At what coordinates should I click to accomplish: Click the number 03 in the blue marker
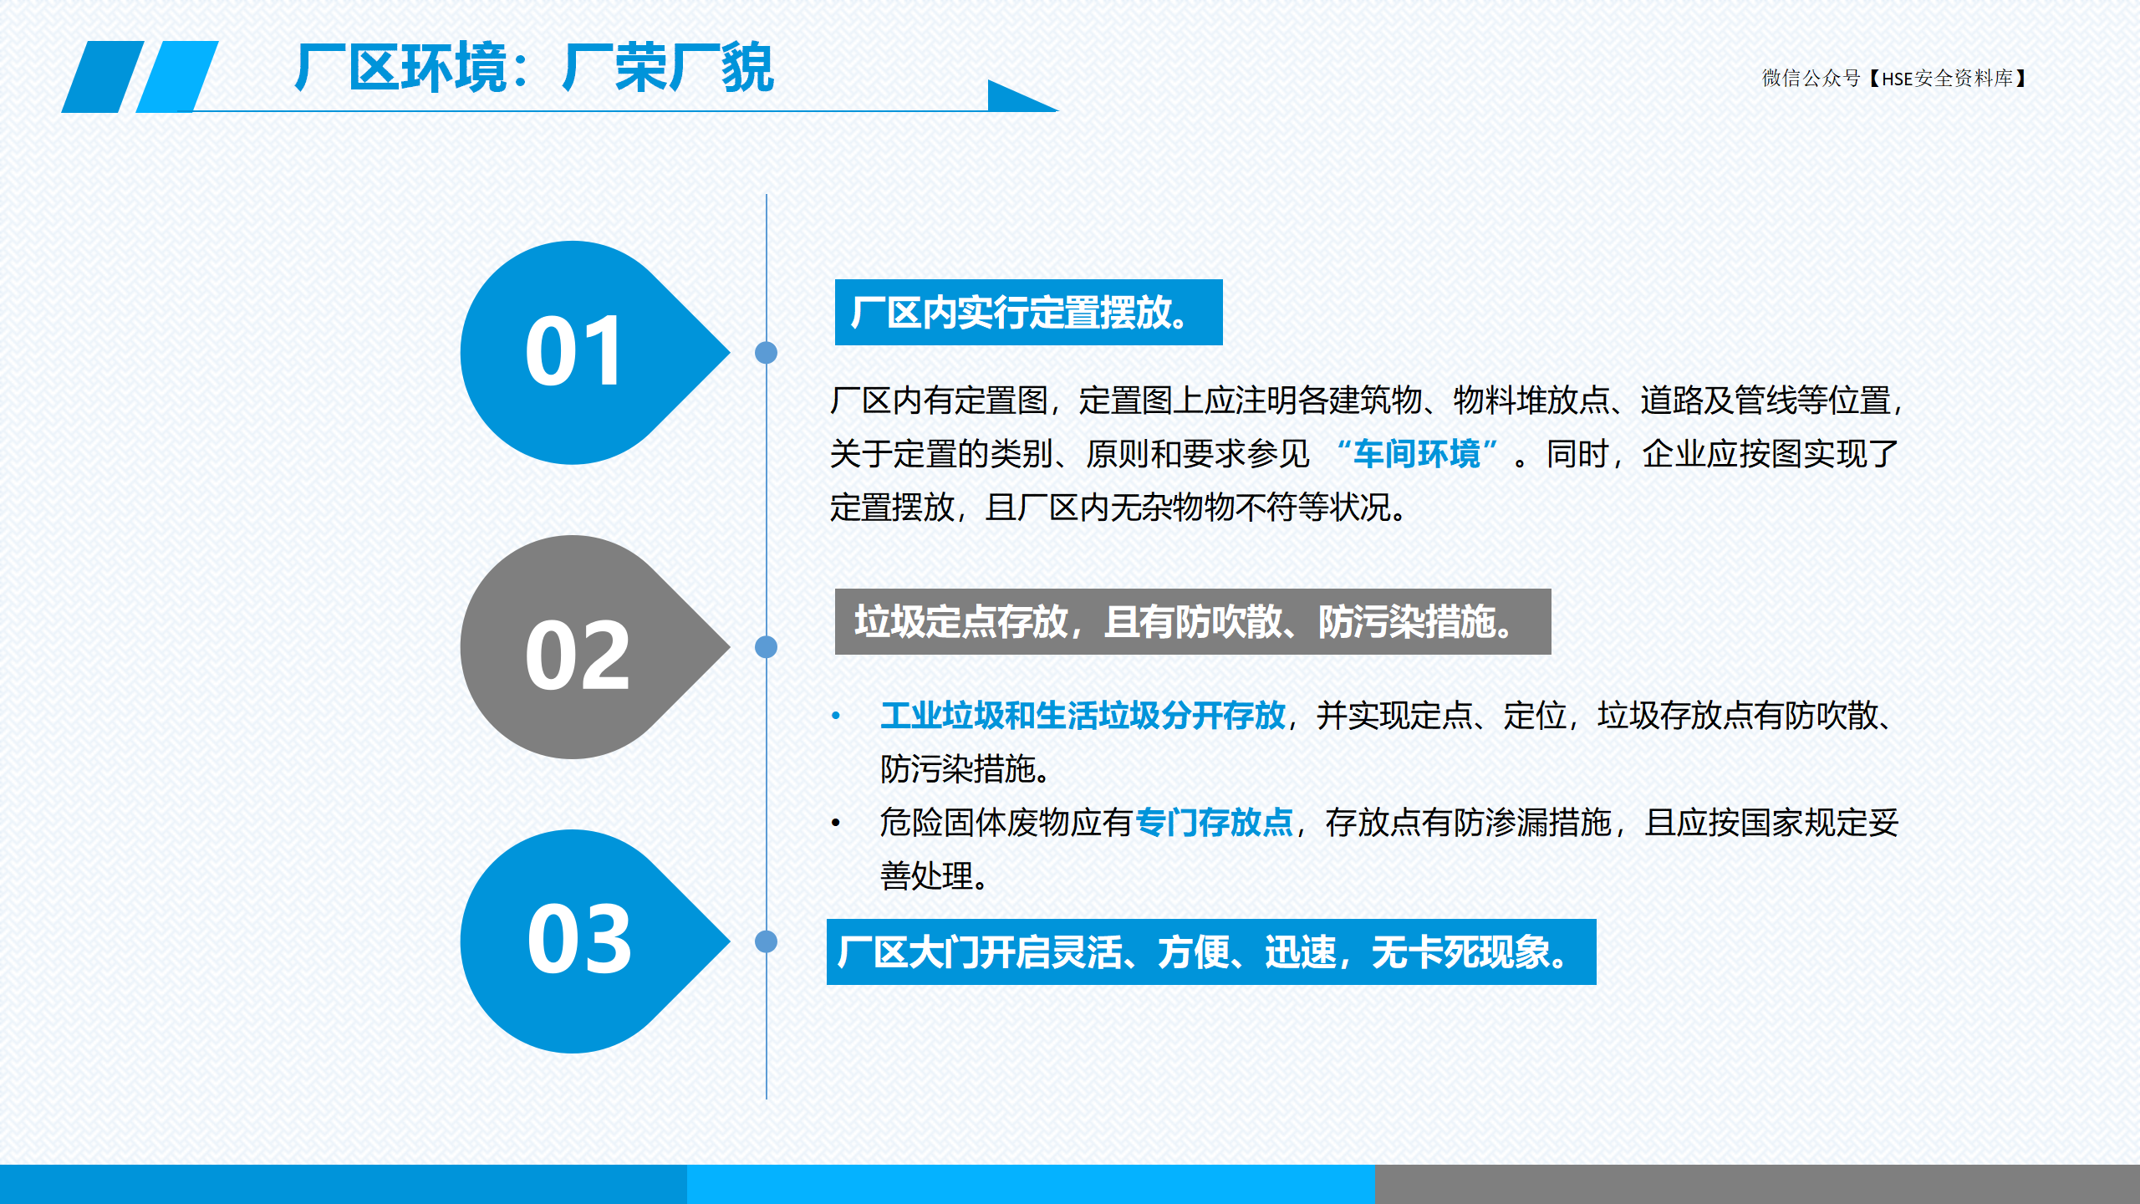[578, 940]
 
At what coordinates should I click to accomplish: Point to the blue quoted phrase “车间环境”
[1416, 454]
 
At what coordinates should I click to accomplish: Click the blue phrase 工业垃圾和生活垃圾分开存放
[1083, 716]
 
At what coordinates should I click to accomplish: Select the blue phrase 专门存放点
[1214, 823]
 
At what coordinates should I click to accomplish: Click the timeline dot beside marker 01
[766, 353]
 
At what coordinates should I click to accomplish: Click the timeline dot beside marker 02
[766, 647]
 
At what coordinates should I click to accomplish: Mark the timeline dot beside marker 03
[766, 941]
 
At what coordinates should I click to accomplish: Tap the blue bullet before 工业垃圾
[835, 716]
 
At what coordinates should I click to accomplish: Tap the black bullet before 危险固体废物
[835, 824]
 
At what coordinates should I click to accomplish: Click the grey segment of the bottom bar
[1757, 1184]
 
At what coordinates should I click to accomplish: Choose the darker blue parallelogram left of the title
[103, 77]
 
